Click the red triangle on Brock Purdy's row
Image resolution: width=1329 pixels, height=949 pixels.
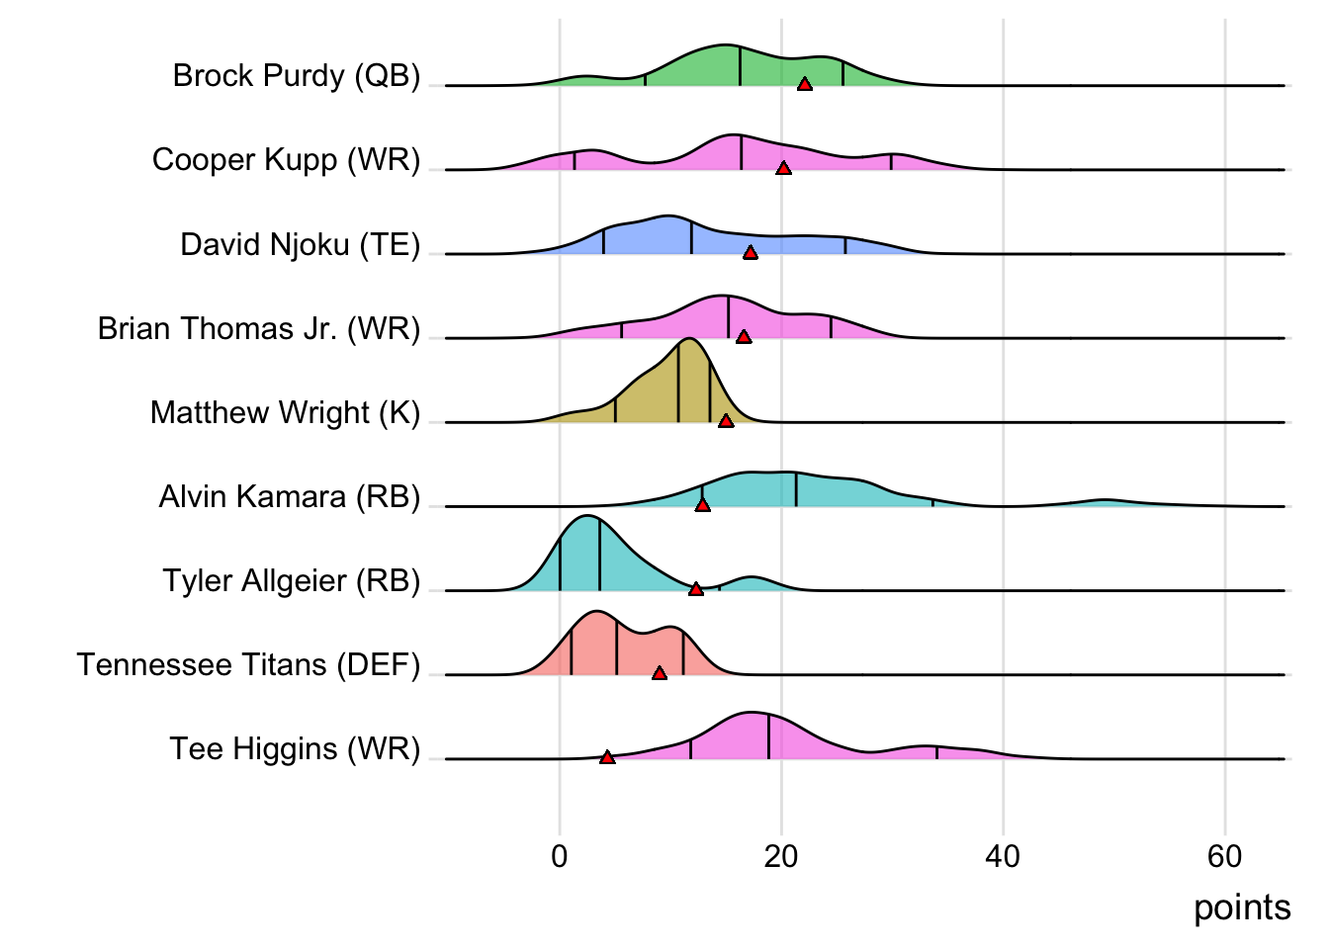805,85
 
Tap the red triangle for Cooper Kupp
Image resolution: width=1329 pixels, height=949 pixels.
783,169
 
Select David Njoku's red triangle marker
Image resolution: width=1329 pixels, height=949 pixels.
751,253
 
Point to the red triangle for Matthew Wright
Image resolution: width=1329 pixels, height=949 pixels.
726,421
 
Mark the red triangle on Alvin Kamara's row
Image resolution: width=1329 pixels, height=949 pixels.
702,505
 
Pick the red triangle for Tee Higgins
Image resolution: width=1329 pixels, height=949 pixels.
607,757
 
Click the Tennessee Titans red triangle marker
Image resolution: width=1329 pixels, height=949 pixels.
660,673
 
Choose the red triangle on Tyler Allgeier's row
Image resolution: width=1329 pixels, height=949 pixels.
696,589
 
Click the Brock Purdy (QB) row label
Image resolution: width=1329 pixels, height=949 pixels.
297,76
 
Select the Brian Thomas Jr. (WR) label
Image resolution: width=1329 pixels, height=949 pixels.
259,328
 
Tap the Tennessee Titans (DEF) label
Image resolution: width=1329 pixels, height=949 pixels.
248,664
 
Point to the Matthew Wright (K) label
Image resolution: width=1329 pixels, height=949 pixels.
285,412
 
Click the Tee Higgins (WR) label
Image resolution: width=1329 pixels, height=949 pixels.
295,748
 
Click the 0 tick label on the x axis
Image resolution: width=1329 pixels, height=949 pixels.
560,856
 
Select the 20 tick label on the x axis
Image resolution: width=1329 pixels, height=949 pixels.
781,856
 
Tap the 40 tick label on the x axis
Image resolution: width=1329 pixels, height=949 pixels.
1003,856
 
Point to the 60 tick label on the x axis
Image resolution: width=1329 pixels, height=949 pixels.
1224,856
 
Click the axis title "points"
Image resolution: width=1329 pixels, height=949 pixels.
1242,907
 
